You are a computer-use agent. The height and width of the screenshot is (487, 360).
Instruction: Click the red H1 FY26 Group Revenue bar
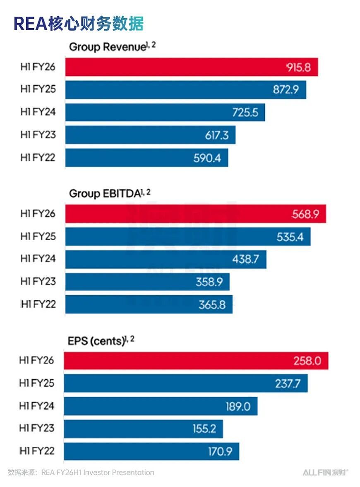coord(192,67)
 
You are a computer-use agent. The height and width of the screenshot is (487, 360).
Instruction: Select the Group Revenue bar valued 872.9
coord(185,90)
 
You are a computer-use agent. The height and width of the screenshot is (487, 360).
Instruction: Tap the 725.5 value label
coord(245,113)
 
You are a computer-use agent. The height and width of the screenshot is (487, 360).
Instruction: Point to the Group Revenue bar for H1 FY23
coord(150,135)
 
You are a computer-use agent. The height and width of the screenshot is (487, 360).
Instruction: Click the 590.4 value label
coord(207,158)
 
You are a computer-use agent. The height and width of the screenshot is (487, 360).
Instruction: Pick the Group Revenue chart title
coord(113,46)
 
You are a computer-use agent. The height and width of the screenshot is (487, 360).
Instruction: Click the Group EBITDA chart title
coord(110,193)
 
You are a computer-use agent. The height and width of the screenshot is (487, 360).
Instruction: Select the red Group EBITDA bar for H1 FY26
coord(195,214)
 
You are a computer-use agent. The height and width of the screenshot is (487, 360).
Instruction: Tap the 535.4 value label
coord(290,237)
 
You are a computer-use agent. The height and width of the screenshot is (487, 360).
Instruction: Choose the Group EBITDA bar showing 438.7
coord(166,259)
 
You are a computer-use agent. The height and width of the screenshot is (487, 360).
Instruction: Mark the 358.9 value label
coord(209,282)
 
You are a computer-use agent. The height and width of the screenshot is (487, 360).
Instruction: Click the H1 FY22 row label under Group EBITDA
coord(38,304)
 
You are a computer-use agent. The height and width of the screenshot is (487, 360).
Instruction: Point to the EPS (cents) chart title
coord(101,340)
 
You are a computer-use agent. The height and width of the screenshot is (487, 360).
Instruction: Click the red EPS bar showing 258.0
coord(196,361)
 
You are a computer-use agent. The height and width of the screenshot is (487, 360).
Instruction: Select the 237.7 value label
coord(288,383)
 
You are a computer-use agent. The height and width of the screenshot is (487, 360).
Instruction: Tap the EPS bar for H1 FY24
coord(161,406)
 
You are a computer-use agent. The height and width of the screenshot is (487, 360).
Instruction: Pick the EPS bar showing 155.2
coord(143,429)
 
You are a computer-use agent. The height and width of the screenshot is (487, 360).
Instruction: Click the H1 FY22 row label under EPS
coord(37,451)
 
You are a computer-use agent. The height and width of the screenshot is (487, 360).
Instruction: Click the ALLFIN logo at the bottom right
coord(326,473)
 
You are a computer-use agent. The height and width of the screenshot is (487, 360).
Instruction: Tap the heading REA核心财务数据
coord(79,24)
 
